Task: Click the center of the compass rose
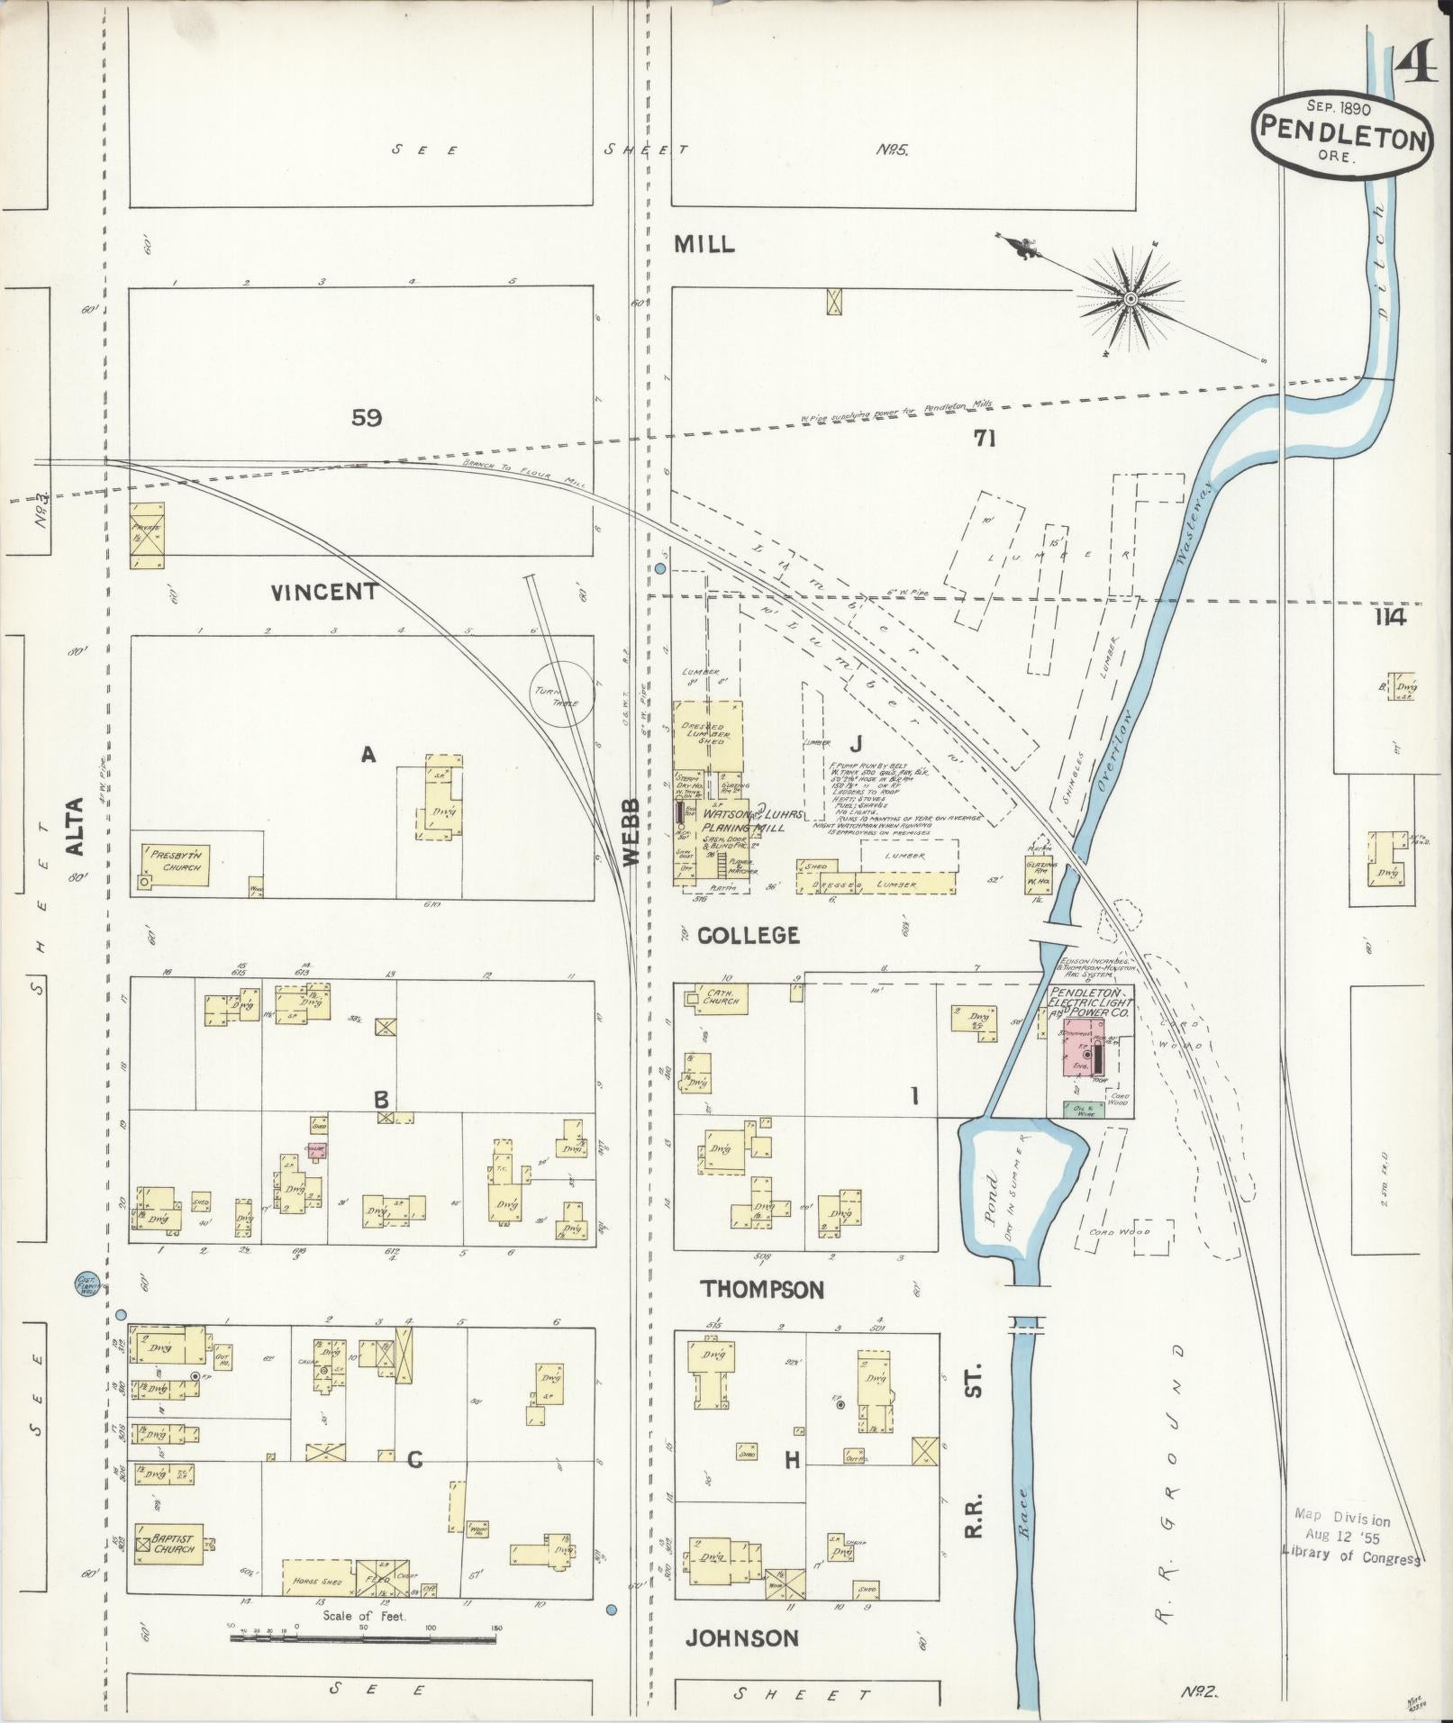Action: click(x=1129, y=297)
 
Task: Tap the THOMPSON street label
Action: click(x=762, y=1290)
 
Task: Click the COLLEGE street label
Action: click(x=749, y=935)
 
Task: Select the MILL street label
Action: click(x=705, y=244)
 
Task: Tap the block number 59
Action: click(x=367, y=418)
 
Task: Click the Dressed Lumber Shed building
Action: click(x=708, y=735)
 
